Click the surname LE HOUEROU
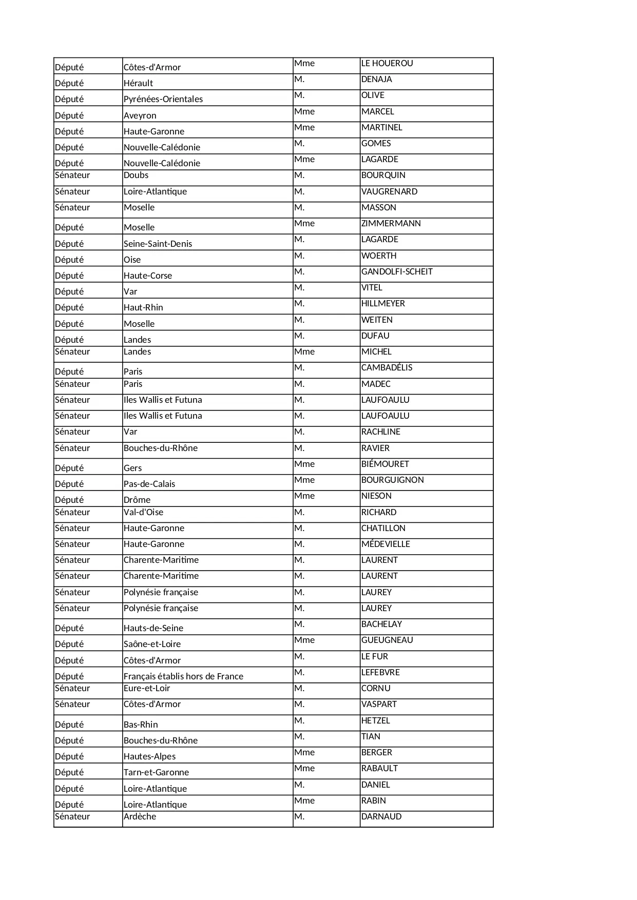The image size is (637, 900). click(387, 64)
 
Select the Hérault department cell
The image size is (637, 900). click(138, 83)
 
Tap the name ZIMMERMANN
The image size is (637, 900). click(391, 224)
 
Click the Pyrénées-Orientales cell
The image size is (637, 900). click(163, 99)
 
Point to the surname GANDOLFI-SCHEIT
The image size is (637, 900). click(397, 272)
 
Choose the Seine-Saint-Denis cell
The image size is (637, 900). click(158, 244)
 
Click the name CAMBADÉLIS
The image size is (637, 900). click(387, 368)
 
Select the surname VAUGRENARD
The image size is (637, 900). click(389, 192)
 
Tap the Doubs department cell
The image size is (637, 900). click(136, 175)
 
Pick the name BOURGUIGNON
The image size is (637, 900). click(392, 480)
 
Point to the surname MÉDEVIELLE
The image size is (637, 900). click(385, 544)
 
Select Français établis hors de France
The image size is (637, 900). click(183, 676)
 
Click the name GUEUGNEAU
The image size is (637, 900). click(387, 640)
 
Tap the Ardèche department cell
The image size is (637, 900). click(140, 816)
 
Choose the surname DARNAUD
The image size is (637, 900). click(381, 817)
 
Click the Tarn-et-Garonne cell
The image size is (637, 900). click(156, 772)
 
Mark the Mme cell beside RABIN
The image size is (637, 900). click(304, 801)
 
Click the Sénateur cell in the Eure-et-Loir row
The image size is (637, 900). click(72, 689)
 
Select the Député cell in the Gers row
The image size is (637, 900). click(69, 468)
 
